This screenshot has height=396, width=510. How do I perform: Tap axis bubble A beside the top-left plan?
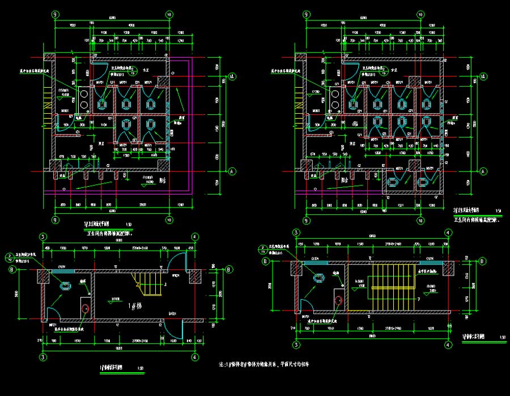pyautogui.click(x=231, y=170)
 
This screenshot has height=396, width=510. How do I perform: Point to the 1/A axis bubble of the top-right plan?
pyautogui.click(x=483, y=76)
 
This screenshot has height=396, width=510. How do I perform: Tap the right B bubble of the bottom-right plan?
pyautogui.click(x=481, y=261)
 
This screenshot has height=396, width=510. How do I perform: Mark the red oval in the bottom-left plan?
pyautogui.click(x=86, y=308)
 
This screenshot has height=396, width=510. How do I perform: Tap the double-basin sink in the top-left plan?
pyautogui.click(x=83, y=99)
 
